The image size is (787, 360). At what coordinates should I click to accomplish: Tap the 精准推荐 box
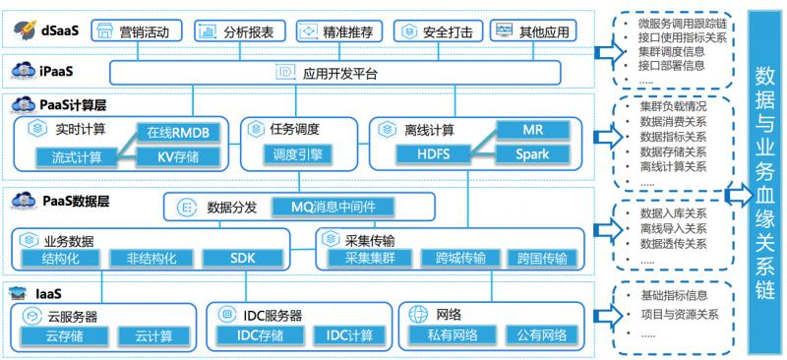coord(337,32)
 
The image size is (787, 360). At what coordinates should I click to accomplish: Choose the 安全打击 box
coord(436,32)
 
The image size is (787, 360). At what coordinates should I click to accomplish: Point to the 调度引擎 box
coord(297,155)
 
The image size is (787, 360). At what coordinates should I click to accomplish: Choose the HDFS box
coord(420,155)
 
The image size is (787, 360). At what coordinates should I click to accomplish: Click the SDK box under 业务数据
coord(241,259)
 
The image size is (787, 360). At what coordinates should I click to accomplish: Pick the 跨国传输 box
coord(541,259)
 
